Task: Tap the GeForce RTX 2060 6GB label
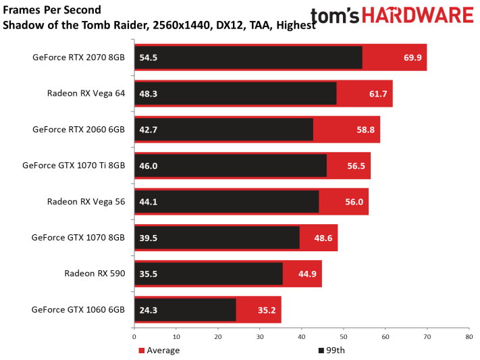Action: tap(78, 129)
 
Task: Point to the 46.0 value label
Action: tap(149, 165)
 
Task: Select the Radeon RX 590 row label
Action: tap(95, 274)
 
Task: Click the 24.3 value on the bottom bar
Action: tap(149, 309)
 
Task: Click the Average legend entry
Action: tap(161, 350)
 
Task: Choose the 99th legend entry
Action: tap(334, 350)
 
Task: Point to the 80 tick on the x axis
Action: tap(468, 336)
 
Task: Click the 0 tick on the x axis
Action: tap(134, 336)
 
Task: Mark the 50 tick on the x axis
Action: tap(343, 336)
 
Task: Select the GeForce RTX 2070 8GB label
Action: tap(78, 57)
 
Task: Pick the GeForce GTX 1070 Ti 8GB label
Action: tap(74, 165)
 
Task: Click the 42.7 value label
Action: tap(149, 129)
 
